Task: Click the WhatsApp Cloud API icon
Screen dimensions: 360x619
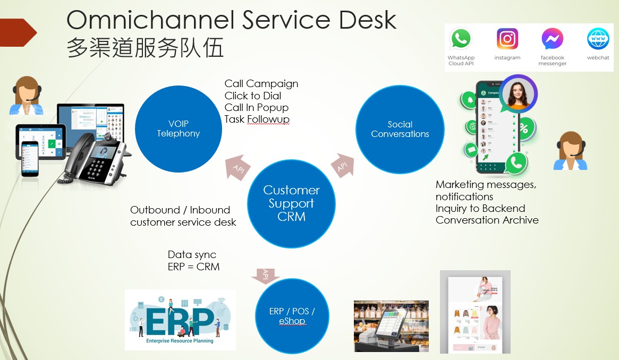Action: [x=460, y=39]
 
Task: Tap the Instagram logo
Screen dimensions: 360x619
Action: [x=507, y=39]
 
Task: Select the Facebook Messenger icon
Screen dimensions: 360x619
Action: [x=552, y=39]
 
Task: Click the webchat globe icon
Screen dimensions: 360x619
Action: [x=598, y=39]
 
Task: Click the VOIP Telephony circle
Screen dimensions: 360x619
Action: [x=179, y=129]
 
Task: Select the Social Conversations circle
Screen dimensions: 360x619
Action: [x=400, y=129]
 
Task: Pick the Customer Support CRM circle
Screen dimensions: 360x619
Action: [x=291, y=203]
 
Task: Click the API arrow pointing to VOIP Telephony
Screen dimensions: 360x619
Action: [x=238, y=167]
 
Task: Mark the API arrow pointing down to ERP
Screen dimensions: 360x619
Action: [x=266, y=275]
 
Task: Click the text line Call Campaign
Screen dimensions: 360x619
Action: [x=261, y=83]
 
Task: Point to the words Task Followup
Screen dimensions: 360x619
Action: [x=257, y=119]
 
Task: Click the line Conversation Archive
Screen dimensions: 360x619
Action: [x=487, y=220]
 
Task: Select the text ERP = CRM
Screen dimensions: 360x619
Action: [x=193, y=267]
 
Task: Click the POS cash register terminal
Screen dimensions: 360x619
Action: [x=391, y=327]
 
